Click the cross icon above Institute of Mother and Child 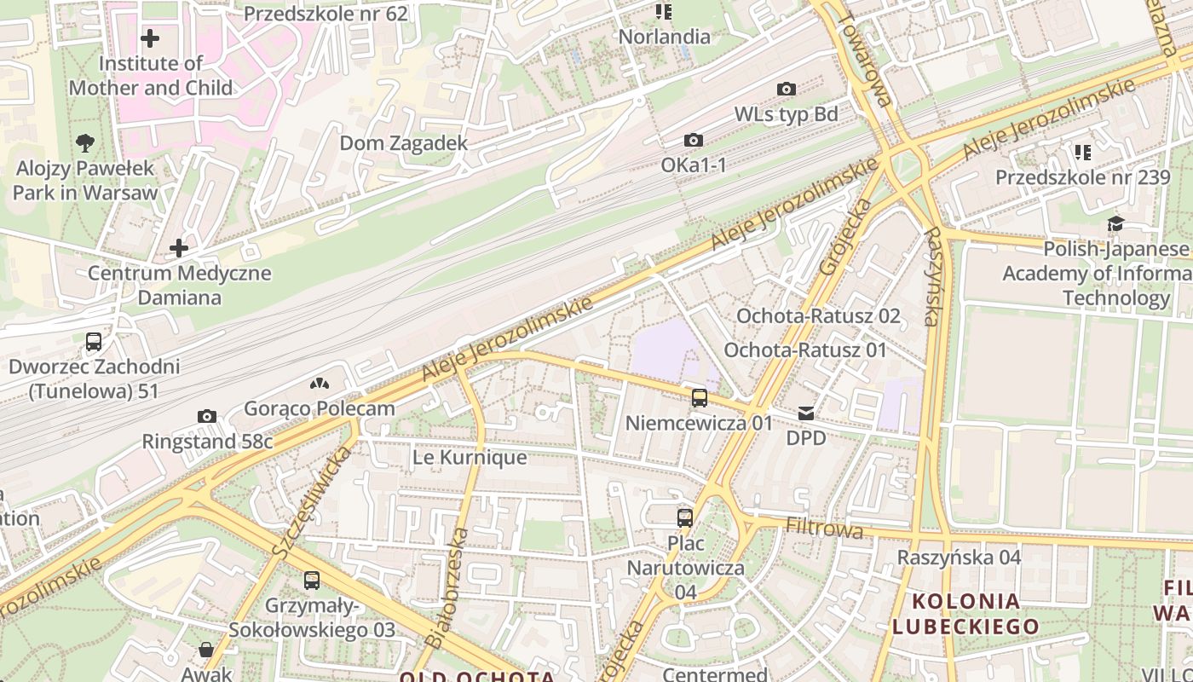150,38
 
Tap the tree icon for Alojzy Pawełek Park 85,143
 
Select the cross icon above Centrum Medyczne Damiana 179,248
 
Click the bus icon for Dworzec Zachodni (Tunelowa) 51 94,342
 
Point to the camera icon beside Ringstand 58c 206,416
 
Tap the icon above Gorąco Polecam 320,384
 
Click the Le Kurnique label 470,458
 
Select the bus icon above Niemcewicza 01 700,397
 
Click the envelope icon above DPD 806,413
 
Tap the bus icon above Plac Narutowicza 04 685,517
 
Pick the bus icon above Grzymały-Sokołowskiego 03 312,581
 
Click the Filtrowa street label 824,529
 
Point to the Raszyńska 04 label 959,558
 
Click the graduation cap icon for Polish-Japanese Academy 1115,223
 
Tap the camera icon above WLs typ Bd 787,89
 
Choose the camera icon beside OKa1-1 694,140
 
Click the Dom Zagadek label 404,143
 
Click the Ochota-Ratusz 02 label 818,316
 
